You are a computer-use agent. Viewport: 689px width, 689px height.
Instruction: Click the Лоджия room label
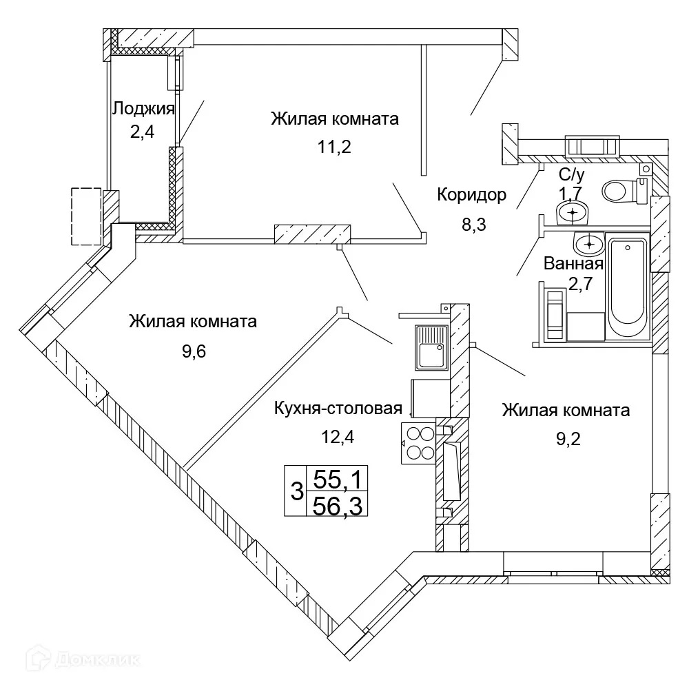(x=143, y=108)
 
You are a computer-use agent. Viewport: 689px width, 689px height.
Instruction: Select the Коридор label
(x=471, y=195)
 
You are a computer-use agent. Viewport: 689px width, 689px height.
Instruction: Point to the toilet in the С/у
(x=624, y=190)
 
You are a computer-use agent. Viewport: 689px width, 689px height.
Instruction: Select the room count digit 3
(x=296, y=491)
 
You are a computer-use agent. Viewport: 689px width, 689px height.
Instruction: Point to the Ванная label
(x=573, y=263)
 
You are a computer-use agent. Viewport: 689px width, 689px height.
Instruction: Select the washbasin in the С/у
(x=572, y=214)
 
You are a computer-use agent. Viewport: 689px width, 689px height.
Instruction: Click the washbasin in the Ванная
(x=588, y=243)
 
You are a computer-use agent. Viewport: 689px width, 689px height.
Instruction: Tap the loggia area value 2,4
(x=142, y=131)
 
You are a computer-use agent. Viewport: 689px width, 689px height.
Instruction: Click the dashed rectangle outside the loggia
(x=87, y=216)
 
